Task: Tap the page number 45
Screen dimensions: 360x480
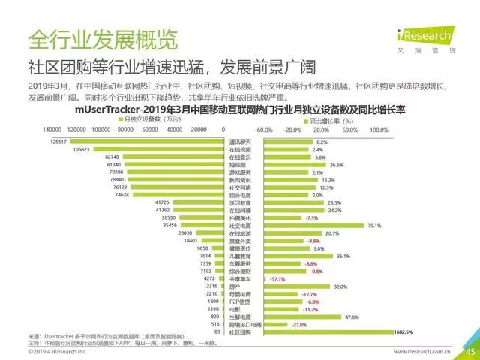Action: [x=470, y=350]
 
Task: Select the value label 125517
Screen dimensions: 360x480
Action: [x=58, y=141]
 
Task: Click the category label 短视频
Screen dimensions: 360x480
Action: [x=238, y=164]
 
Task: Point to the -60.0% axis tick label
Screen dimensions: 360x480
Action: [x=263, y=130]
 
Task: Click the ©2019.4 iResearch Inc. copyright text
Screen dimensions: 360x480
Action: [x=58, y=350]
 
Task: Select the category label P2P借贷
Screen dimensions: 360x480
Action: [x=238, y=301]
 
